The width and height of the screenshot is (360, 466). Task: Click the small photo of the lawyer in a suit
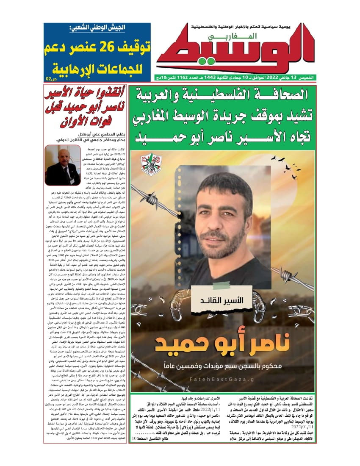tap(63, 165)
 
